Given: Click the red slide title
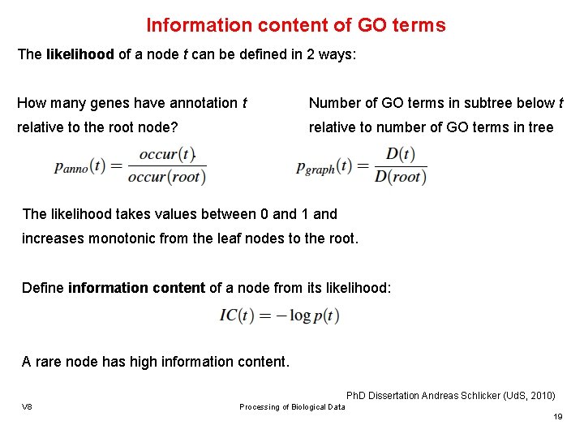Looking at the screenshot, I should tap(296, 25).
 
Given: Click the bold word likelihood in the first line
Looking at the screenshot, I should tap(79, 55).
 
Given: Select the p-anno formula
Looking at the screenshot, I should tap(130, 165).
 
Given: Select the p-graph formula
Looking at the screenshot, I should tap(363, 165).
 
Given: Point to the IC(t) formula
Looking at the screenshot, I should tap(279, 316).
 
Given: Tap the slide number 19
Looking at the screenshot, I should tap(557, 416).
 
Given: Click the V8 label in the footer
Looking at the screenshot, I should tap(27, 406).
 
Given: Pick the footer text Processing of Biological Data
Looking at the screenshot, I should tap(292, 407).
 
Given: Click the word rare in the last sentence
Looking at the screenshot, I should tap(50, 362).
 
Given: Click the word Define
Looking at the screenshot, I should tap(43, 288).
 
